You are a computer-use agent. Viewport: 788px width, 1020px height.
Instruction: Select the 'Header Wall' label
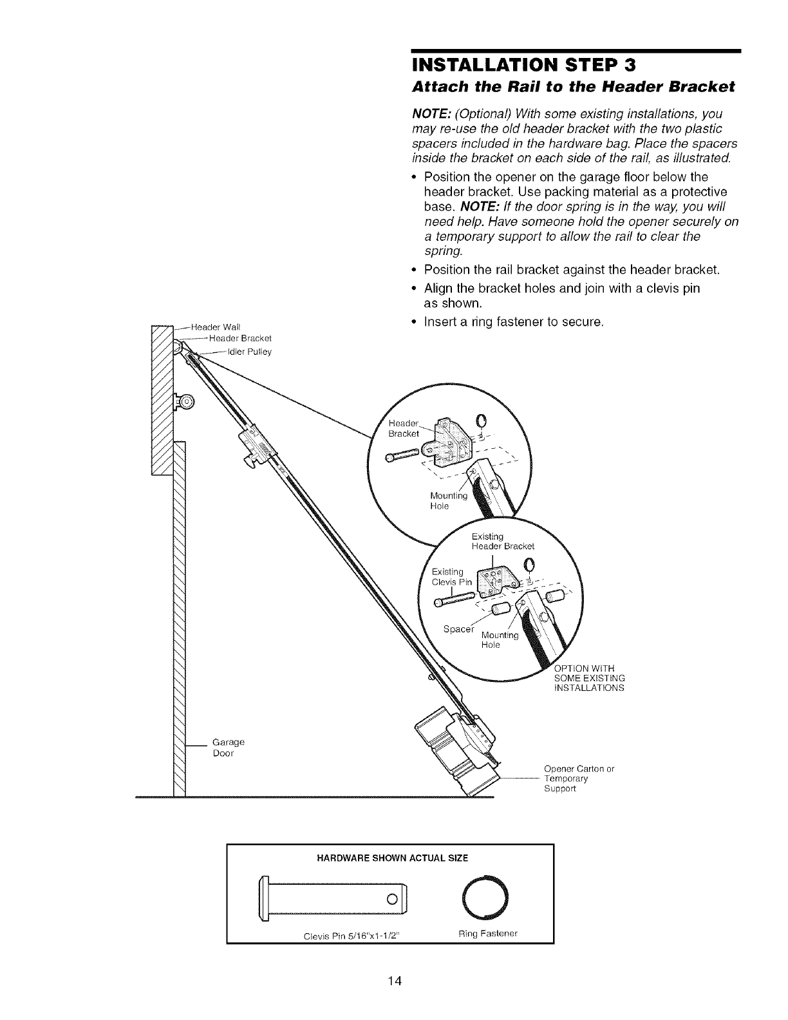point(212,325)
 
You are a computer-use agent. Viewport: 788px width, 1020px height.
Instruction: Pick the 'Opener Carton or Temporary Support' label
point(579,778)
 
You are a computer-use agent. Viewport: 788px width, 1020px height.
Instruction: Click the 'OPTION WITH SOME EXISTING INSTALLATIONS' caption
point(589,677)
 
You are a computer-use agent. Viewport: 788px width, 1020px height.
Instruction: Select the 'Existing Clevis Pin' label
point(451,577)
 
